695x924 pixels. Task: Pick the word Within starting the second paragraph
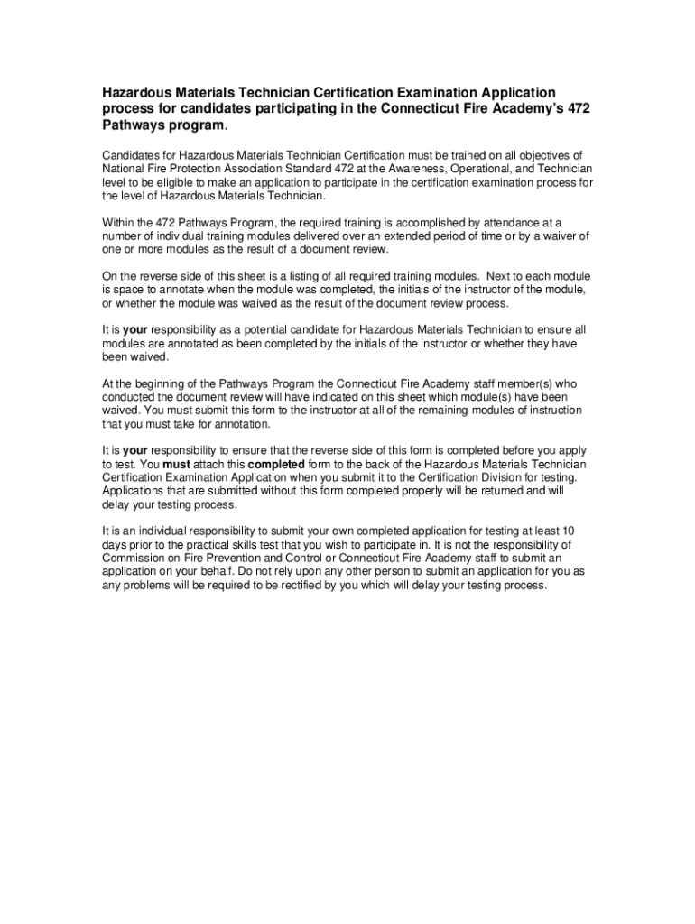coord(118,222)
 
